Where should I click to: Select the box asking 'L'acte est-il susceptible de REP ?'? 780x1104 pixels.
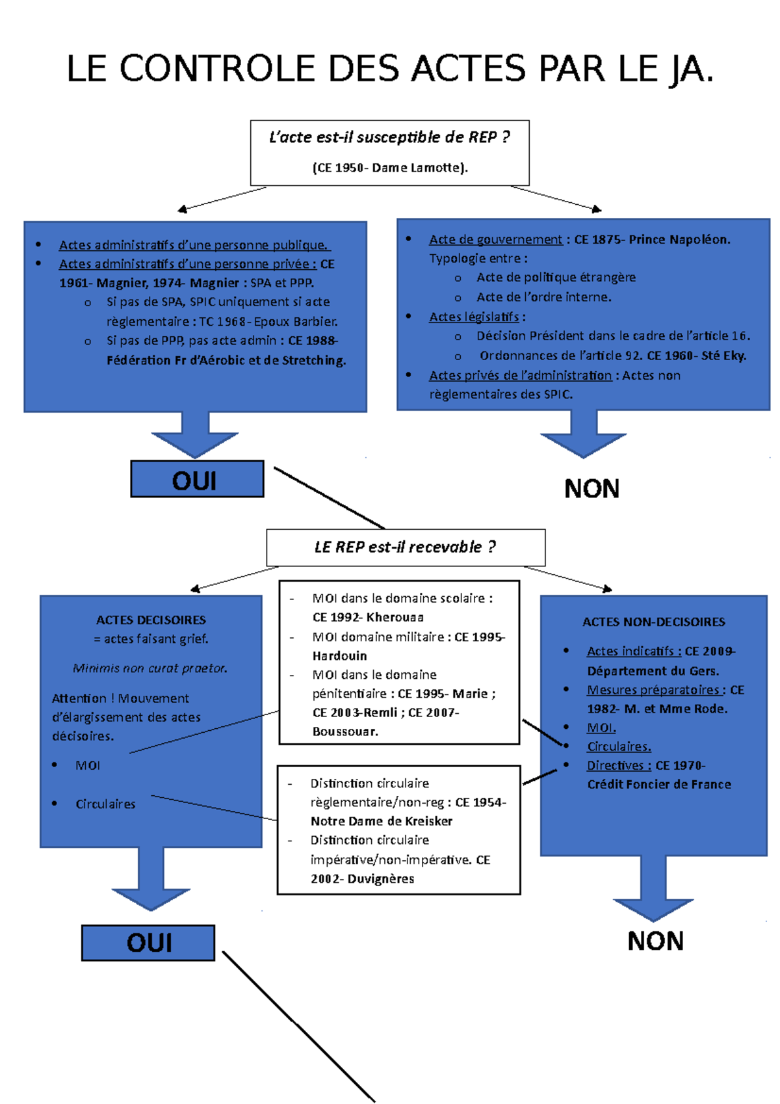coord(389,153)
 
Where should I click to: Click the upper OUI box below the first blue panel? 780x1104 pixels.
coord(197,479)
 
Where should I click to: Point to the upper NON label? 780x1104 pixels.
coord(591,489)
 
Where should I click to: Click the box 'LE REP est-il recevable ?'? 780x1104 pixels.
coord(405,547)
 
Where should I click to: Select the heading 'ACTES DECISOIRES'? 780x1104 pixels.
coord(151,620)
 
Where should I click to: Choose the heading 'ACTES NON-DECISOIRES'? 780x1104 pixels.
coord(653,622)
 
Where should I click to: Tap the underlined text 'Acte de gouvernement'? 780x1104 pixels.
coord(495,240)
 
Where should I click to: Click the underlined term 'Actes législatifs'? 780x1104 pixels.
coord(474,317)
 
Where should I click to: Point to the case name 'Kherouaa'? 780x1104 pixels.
coord(395,617)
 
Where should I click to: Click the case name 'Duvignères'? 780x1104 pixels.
coord(380,879)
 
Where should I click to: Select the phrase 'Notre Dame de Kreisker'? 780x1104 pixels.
coord(381,821)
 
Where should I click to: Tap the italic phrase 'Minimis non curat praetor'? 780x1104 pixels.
coord(150,668)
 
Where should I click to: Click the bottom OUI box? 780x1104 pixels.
coord(148,943)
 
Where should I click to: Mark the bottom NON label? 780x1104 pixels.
coord(655,941)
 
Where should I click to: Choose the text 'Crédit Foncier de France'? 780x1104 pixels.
coord(659,785)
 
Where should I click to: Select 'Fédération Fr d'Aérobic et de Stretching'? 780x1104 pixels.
coord(226,360)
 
